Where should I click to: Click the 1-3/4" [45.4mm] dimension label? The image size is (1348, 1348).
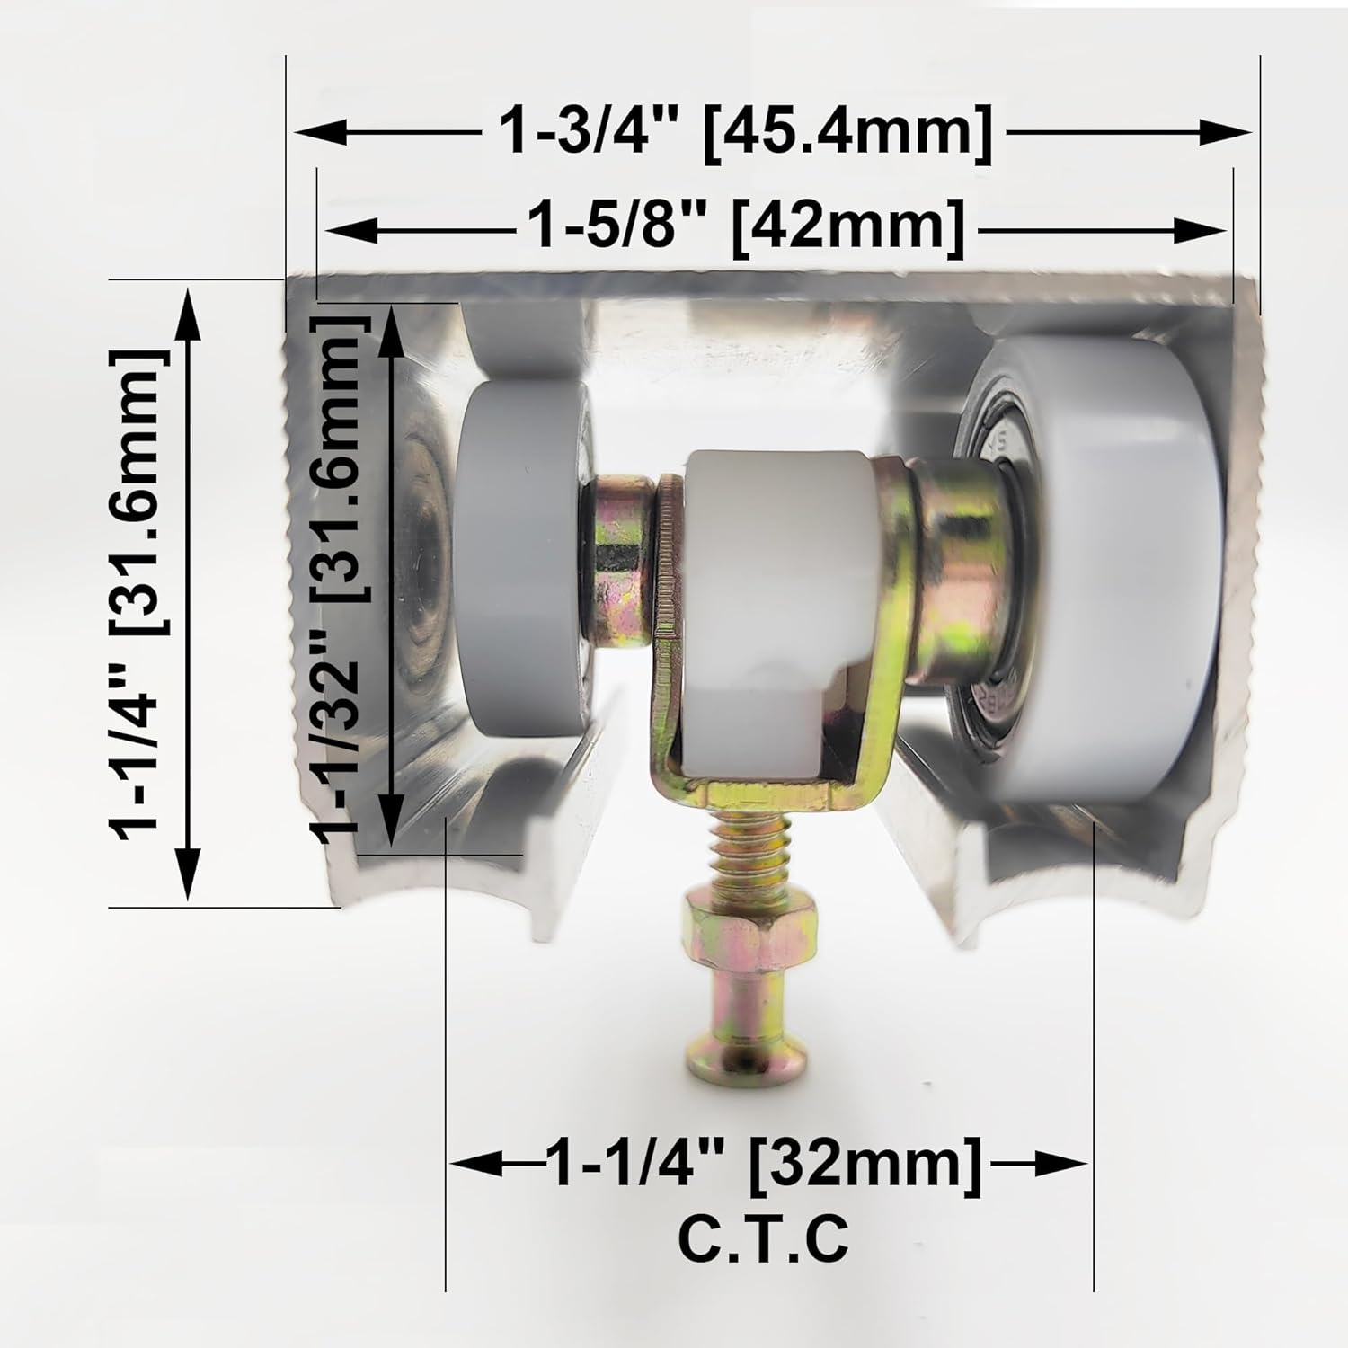tap(746, 133)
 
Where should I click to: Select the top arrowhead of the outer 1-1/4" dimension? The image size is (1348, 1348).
tap(187, 306)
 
